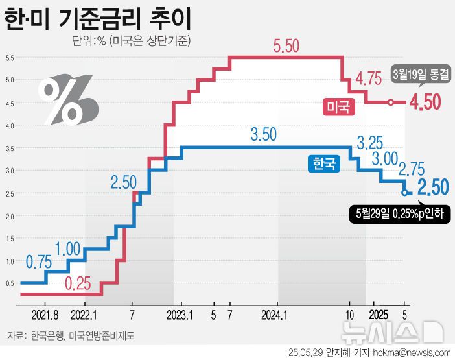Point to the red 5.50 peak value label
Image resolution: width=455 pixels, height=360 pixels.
click(x=286, y=46)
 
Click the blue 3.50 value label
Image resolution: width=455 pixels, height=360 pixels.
click(x=263, y=134)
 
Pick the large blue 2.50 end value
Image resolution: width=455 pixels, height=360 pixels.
click(x=432, y=188)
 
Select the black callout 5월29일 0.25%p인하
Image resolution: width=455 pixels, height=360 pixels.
click(x=399, y=213)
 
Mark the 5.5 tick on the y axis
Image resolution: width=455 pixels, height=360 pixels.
click(x=10, y=58)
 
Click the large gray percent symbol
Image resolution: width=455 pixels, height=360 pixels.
click(x=67, y=102)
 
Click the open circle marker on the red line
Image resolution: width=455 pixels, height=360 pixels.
click(x=391, y=102)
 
